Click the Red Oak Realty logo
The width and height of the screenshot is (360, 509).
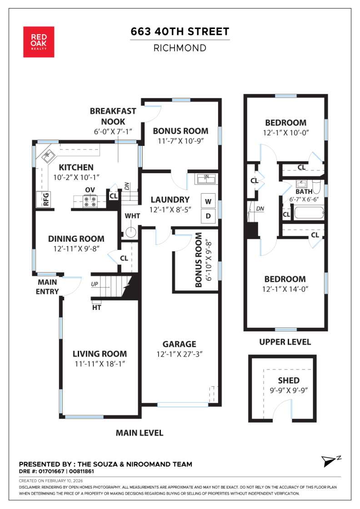39,42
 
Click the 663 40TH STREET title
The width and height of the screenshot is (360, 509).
180,31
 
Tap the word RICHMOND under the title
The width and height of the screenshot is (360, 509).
180,48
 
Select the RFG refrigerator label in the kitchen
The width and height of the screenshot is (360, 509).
45,199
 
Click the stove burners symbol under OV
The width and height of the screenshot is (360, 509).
89,200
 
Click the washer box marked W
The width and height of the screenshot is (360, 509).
208,200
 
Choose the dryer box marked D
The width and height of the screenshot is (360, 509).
208,215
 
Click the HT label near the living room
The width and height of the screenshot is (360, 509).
96,308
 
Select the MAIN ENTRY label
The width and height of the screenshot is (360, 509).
47,287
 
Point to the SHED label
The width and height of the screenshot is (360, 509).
289,380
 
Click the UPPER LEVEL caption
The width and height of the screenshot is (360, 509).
285,342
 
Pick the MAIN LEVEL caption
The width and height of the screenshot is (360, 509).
139,433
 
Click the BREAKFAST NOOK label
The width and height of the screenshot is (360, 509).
107,116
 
